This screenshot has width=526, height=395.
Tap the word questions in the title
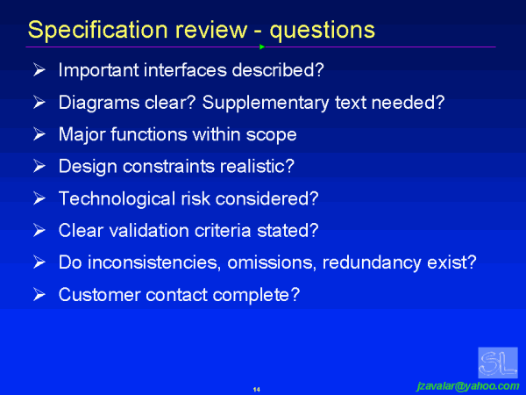click(x=323, y=29)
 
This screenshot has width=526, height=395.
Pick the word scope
click(x=274, y=134)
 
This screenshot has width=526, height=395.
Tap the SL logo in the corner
click(x=497, y=363)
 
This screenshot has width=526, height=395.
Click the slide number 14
click(x=257, y=389)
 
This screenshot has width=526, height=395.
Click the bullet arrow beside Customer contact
click(x=39, y=295)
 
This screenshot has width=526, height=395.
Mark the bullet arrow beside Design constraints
click(x=39, y=166)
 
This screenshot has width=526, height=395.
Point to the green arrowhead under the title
click(x=262, y=47)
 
